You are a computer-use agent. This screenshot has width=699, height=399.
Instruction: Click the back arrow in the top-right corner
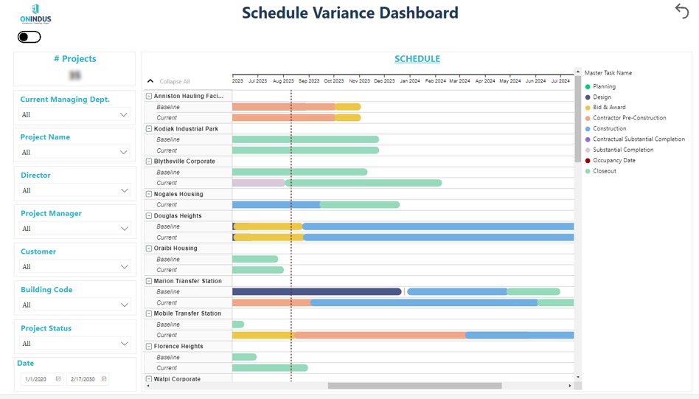coord(681,10)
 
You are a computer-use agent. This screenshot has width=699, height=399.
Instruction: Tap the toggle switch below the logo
coord(29,37)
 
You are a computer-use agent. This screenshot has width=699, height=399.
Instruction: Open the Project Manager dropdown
coord(74,229)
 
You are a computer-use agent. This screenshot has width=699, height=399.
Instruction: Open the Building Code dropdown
coord(74,305)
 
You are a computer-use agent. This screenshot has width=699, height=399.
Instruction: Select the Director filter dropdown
coord(74,190)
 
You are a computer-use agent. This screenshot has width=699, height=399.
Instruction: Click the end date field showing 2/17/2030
coord(87,379)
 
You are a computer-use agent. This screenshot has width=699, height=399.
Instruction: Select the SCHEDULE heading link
coord(417,59)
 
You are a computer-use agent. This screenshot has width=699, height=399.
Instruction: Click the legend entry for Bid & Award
coord(611,108)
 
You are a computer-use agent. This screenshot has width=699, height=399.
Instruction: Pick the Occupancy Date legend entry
coord(613,160)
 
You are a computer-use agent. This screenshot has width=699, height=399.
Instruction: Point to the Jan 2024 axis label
coord(409,80)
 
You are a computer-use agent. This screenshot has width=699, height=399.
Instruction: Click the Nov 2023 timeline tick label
coord(359,80)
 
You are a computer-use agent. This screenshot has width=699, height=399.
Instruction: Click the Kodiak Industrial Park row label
coord(186,129)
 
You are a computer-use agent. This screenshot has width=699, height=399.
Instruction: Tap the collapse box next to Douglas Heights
coord(149,216)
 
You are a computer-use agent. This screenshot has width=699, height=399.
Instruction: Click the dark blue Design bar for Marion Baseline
coord(317,291)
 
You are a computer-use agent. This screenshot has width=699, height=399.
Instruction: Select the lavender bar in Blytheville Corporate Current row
coord(258,183)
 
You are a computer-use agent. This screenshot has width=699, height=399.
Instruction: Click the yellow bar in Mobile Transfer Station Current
coord(263,335)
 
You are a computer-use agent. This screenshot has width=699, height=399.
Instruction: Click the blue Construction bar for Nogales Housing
coord(276,204)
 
